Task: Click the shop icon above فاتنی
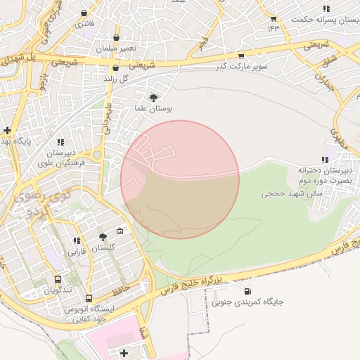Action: (85, 13)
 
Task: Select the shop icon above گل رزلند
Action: (115, 67)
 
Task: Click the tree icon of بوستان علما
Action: (154, 98)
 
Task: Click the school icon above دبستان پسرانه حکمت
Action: (326, 8)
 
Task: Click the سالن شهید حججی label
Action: (291, 192)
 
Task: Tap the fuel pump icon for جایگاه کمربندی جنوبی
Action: (247, 291)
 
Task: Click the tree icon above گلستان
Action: (103, 237)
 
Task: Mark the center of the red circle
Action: (180, 179)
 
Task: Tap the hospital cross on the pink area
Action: (124, 352)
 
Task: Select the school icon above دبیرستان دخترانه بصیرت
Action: (324, 160)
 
